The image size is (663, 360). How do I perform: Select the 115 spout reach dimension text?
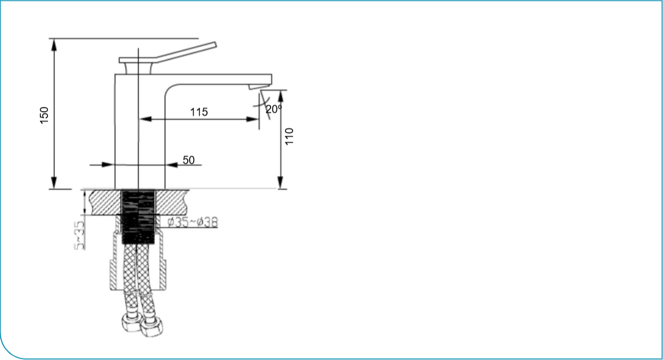pos(199,112)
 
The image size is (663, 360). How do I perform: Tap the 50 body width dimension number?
pos(189,160)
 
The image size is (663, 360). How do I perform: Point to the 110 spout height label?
pos(290,136)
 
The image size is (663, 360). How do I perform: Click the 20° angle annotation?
pos(273,108)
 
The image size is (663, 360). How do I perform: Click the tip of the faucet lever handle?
pos(214,44)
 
